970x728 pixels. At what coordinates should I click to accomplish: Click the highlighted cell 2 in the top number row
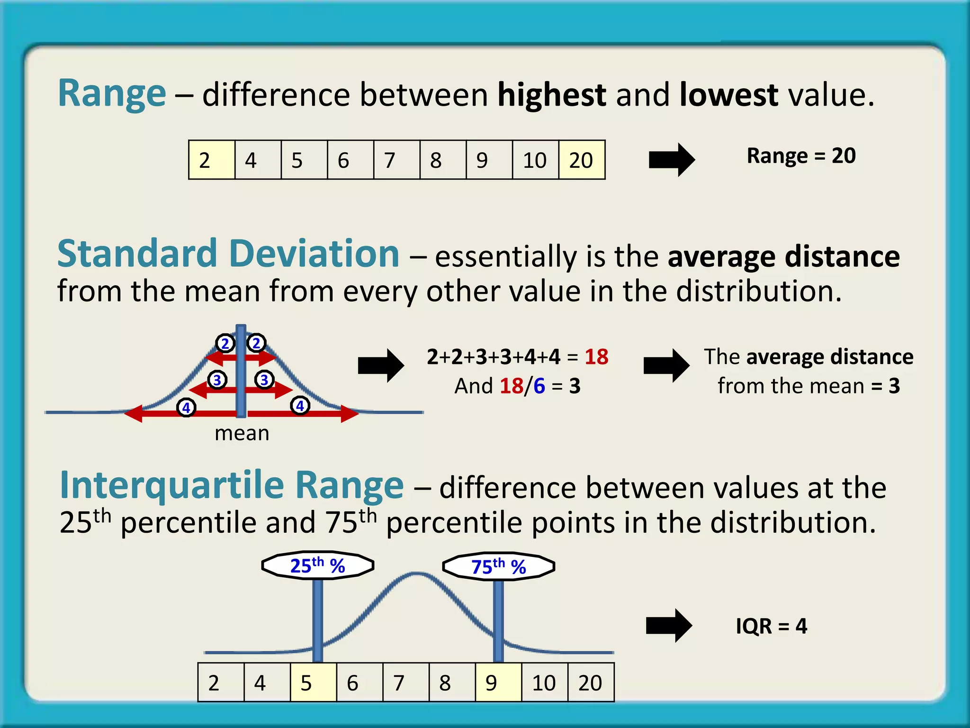211,160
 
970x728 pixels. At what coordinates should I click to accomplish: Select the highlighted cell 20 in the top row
582,160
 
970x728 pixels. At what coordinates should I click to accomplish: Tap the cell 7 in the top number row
396,160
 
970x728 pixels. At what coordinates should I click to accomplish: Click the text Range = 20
801,156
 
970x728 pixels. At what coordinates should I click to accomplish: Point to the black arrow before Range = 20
671,160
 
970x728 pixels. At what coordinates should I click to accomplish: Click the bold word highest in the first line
551,95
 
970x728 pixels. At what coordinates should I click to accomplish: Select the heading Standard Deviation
228,254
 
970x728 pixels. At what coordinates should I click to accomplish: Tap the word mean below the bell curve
242,433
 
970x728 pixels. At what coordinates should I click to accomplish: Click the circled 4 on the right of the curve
300,406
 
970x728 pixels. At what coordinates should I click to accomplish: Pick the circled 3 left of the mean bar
217,380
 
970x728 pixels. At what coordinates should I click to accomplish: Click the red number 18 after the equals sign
596,357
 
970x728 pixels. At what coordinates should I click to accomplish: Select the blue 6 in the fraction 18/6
539,386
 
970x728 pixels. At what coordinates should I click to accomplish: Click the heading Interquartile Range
232,485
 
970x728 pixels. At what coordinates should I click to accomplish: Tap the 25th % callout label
317,565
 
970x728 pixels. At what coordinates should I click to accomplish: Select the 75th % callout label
498,566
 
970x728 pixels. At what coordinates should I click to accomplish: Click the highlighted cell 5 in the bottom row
313,682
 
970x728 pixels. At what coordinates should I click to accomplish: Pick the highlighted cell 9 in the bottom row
498,682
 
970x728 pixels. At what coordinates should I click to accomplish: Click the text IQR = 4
771,626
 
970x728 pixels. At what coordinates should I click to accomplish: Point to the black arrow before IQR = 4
669,626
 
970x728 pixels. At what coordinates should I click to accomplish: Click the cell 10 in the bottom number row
544,682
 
